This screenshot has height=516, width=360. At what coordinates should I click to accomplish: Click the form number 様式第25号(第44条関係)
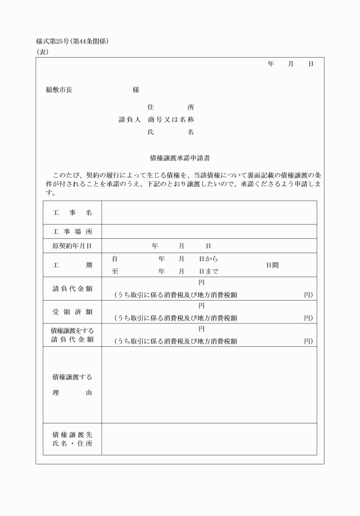72,41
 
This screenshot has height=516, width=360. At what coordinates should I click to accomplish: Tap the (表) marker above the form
42,51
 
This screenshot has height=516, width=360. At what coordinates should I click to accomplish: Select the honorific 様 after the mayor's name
136,90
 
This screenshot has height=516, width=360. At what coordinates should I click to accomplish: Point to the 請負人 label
130,119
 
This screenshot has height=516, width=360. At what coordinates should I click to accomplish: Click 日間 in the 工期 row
272,265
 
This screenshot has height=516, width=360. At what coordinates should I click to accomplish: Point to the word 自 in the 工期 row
115,259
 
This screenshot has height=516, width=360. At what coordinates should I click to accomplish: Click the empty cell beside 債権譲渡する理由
209,385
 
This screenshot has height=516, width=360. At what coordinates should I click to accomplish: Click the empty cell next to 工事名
209,213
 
